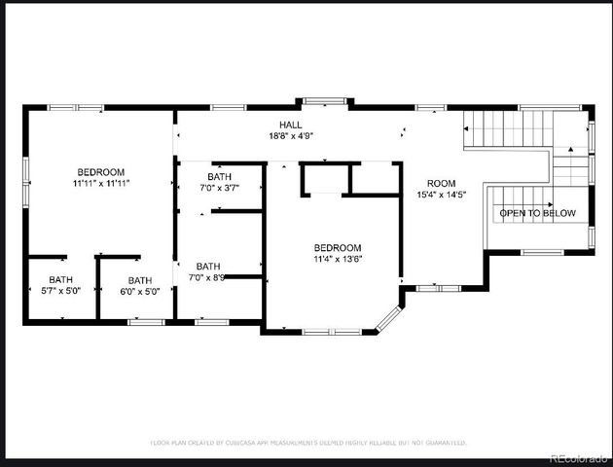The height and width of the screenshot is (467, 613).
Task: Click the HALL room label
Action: pos(291,126)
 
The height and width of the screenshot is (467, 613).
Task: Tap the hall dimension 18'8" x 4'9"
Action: pos(291,136)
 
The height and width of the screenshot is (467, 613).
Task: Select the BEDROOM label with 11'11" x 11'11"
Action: pos(100,171)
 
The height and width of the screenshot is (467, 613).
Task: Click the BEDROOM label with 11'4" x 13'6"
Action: pos(337,248)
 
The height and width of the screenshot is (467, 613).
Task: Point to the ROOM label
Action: pos(441,183)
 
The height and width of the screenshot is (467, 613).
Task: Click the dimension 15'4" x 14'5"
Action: pos(441,195)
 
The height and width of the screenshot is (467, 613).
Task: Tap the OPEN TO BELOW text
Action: pos(537,213)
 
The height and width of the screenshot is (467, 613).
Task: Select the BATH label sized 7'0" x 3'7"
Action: pos(219,177)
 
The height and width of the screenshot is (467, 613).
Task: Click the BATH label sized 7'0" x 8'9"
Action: pos(208,267)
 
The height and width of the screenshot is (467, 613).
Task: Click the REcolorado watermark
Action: pos(577,458)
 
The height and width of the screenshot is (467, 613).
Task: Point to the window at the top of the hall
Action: pos(318,100)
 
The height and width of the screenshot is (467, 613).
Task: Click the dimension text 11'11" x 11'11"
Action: pos(100,183)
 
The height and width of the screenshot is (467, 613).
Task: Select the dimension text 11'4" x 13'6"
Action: pos(337,260)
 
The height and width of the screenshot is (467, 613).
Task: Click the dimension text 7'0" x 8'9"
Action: pos(208,278)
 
